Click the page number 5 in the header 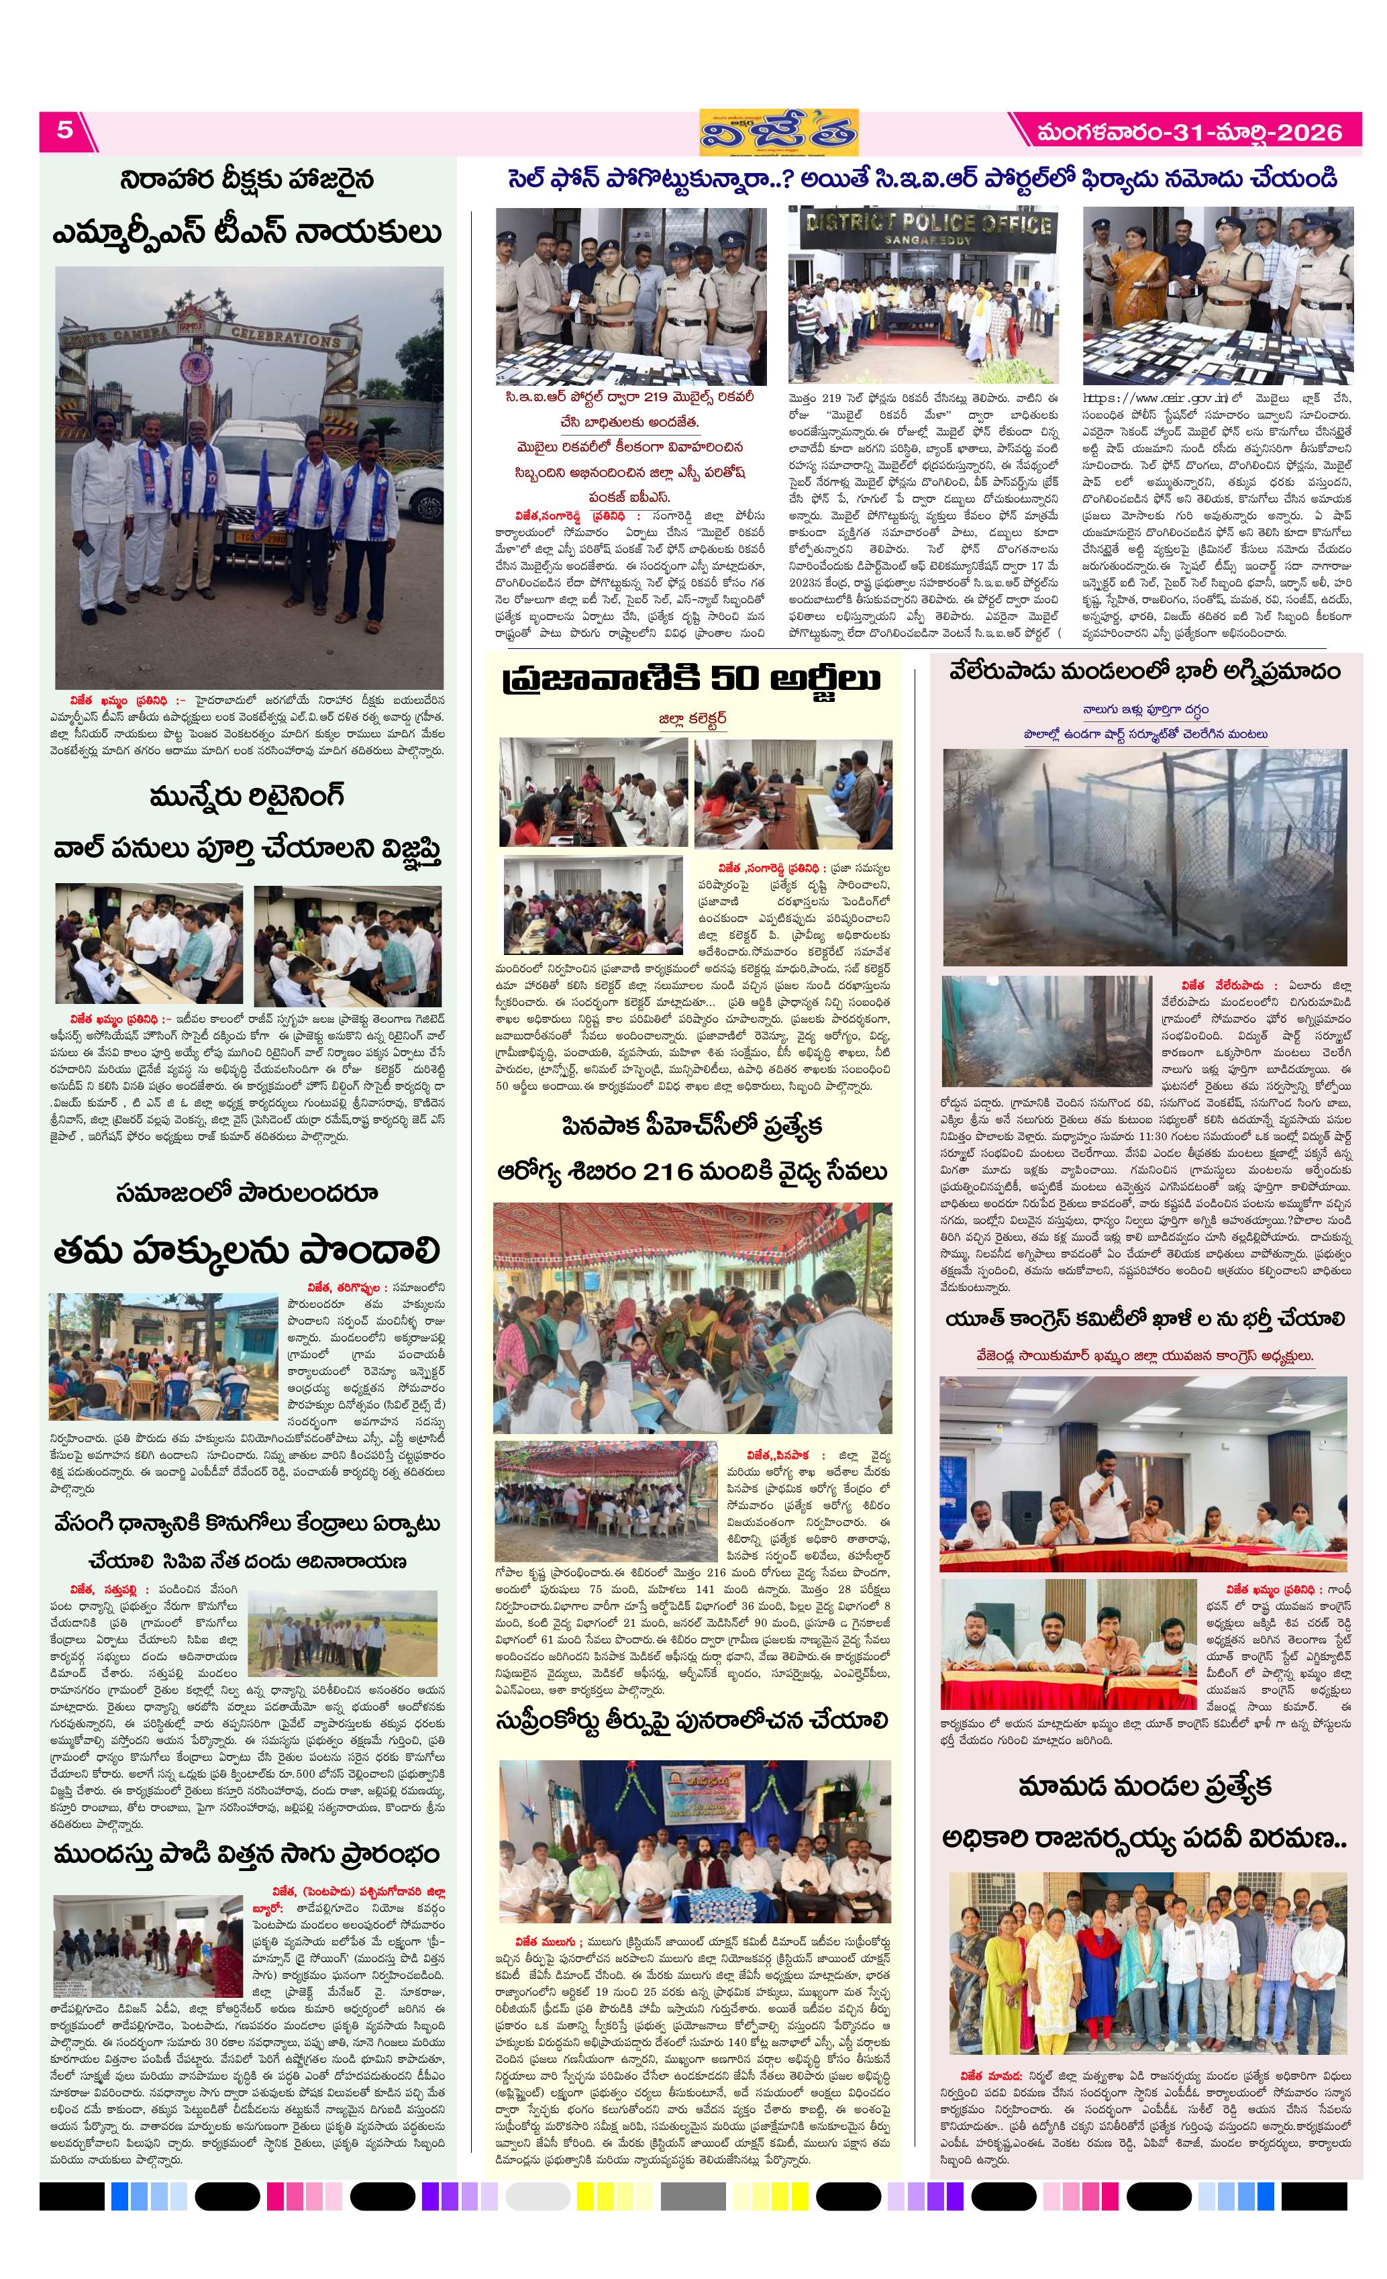(x=64, y=130)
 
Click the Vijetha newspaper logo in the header (x=778, y=132)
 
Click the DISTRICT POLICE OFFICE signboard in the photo (x=925, y=225)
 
